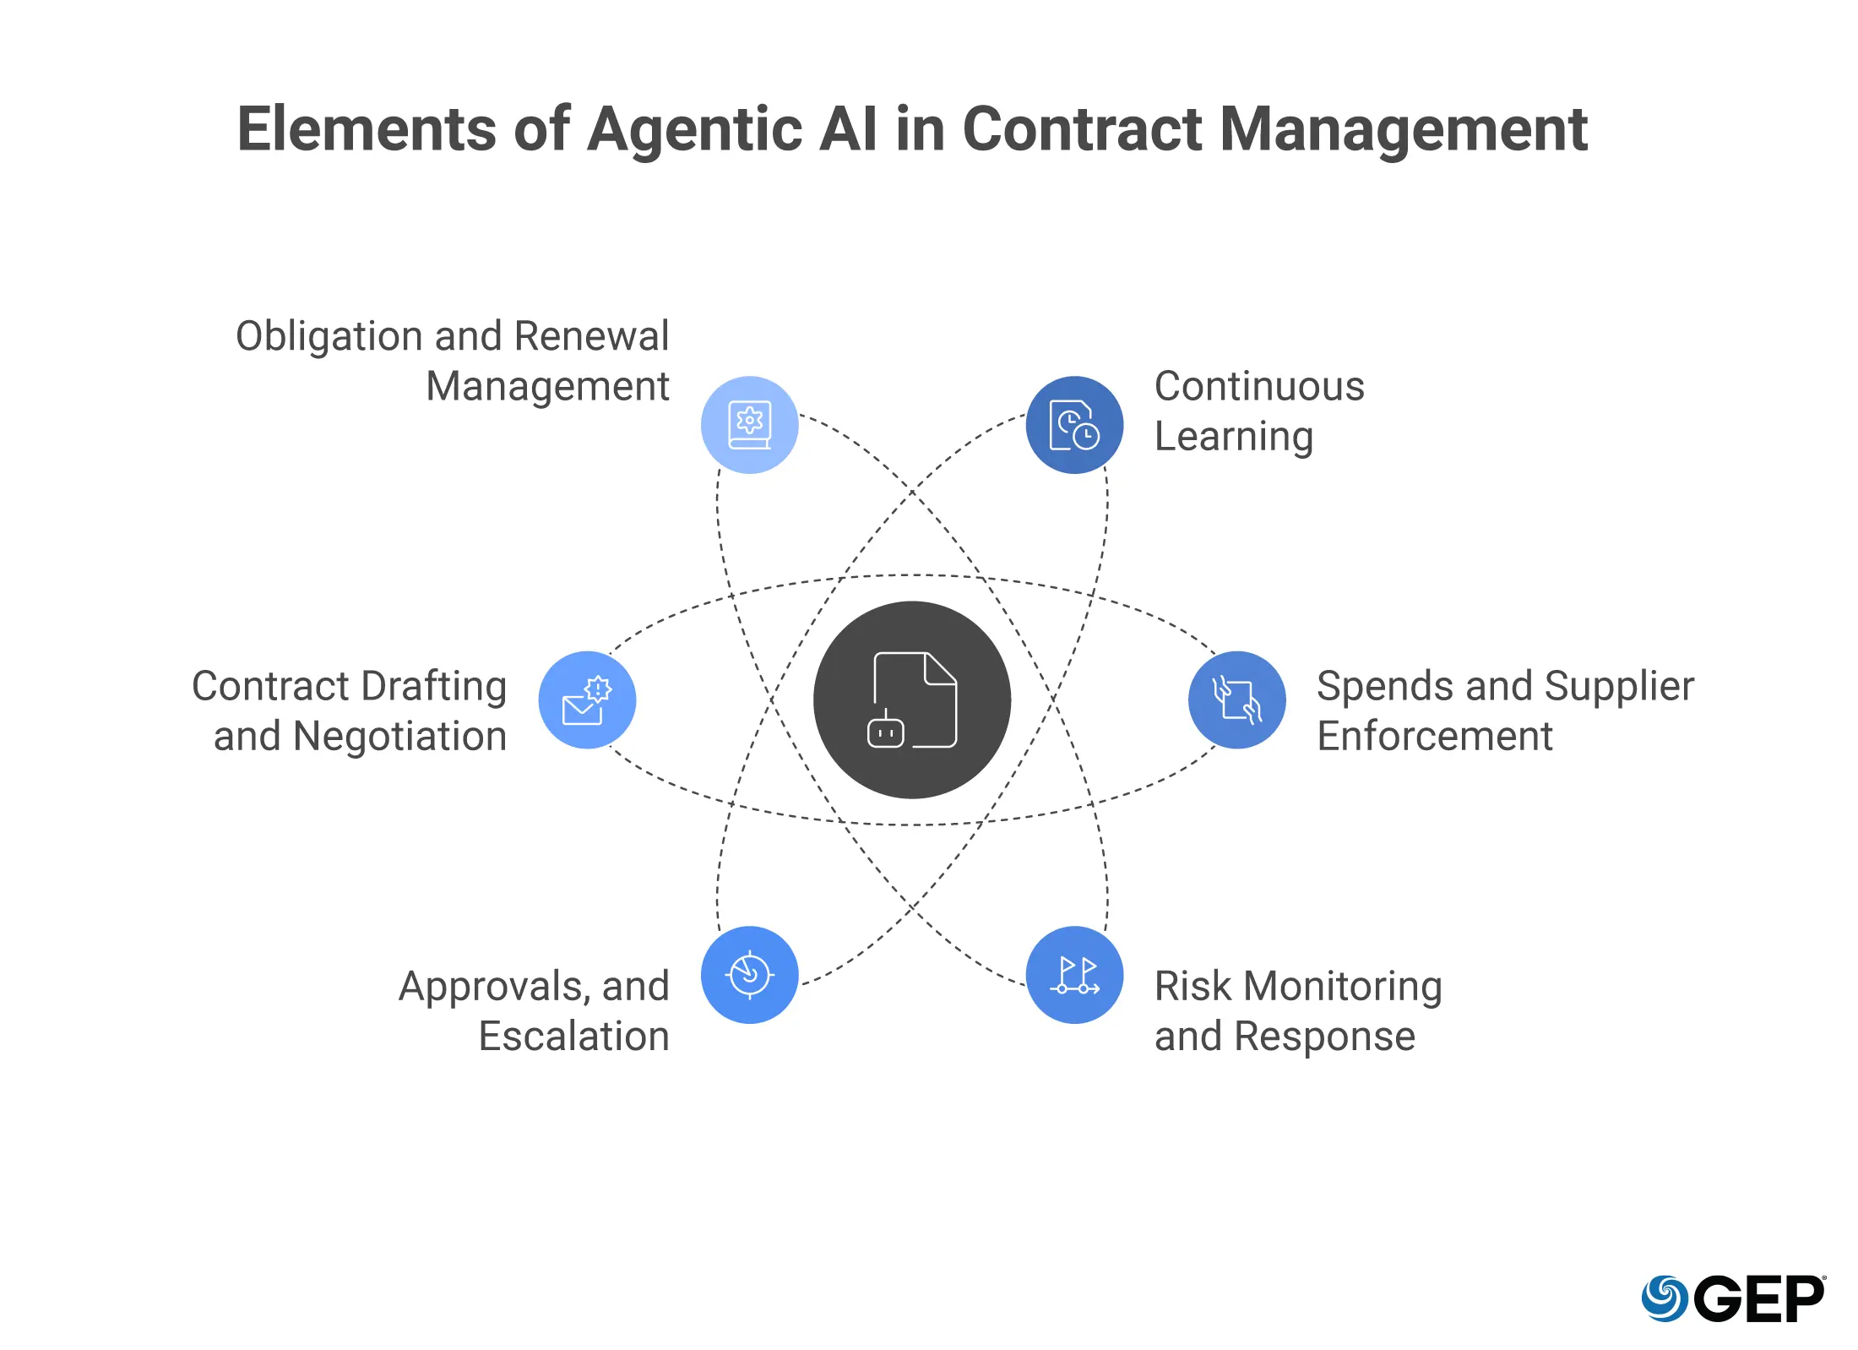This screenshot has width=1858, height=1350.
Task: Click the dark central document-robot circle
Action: tap(911, 699)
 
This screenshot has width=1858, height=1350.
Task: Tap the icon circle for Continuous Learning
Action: tap(1074, 424)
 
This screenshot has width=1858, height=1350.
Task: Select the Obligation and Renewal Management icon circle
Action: tap(749, 424)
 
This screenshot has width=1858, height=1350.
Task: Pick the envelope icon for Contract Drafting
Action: tap(586, 699)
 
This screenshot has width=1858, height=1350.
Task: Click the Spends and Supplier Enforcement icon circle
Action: tap(1236, 699)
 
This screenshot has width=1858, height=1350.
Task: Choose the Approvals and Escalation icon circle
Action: tap(749, 975)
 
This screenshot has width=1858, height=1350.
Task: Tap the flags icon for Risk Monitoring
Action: tap(1074, 975)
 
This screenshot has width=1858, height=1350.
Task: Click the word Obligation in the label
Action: tap(329, 336)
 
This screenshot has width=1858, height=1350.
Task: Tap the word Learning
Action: tap(1233, 437)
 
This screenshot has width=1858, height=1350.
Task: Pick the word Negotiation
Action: tap(399, 736)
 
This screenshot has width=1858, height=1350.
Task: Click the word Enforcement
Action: tap(1434, 736)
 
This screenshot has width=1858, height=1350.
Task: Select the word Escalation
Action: tap(573, 1036)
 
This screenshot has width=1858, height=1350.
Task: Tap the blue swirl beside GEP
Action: tap(1664, 1298)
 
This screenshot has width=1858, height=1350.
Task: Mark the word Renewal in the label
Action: tap(591, 336)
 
